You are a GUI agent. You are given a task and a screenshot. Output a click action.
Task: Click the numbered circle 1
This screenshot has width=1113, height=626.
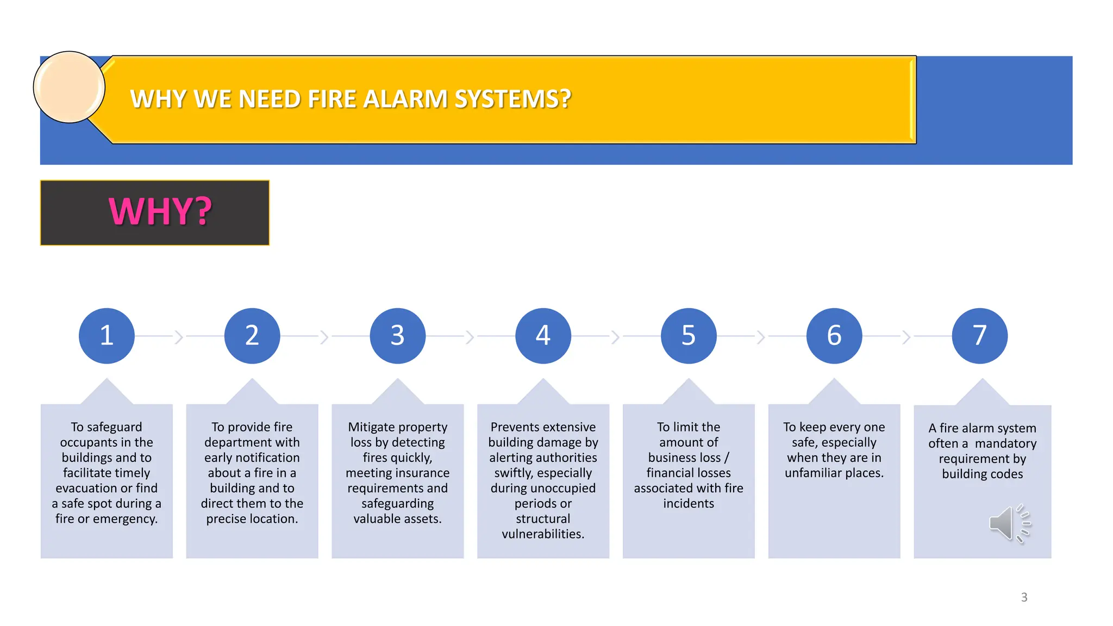(x=107, y=335)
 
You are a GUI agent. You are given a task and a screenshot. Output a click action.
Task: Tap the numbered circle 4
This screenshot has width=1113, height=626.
(x=543, y=335)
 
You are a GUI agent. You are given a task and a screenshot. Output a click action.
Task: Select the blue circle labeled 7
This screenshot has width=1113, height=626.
(x=979, y=335)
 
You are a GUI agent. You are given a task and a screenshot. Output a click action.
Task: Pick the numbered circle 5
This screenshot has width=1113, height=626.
(x=689, y=335)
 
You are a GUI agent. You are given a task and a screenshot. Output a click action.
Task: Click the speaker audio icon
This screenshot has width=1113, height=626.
(x=1009, y=523)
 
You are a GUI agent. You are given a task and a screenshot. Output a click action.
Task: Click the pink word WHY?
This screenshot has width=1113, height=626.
(x=160, y=211)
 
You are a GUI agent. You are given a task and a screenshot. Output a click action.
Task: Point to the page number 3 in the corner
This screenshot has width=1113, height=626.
(x=1024, y=597)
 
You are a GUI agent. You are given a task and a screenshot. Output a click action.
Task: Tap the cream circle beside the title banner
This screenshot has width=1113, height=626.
(x=69, y=87)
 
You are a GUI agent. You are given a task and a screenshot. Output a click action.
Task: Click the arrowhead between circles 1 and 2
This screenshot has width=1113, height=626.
(x=179, y=337)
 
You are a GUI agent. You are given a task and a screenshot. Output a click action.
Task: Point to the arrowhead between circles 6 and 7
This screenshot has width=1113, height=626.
(x=906, y=337)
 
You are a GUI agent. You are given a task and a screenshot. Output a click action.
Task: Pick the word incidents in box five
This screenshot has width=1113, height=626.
(x=689, y=503)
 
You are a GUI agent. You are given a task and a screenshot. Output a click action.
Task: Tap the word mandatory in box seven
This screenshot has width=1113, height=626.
(x=1005, y=443)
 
